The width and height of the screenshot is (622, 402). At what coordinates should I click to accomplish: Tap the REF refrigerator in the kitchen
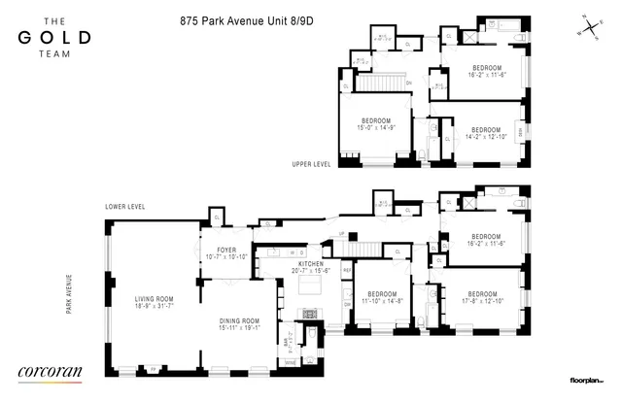(x=346, y=270)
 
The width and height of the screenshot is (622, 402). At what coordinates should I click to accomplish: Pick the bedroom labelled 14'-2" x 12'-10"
(x=483, y=134)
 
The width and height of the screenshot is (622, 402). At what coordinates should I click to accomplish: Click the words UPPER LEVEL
(x=311, y=164)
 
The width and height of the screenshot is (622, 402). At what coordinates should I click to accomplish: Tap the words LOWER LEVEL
(x=125, y=207)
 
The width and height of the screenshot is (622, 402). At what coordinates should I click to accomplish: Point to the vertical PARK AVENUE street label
(x=69, y=299)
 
